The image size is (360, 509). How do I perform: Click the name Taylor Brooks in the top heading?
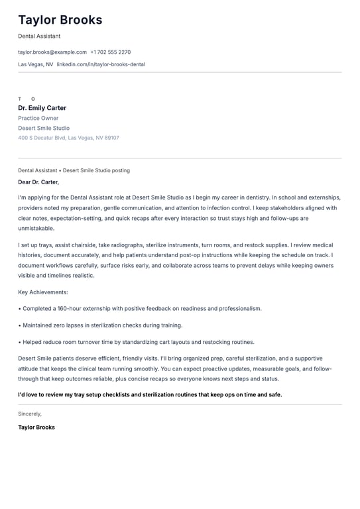click(x=60, y=20)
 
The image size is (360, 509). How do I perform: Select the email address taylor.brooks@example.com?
click(x=52, y=52)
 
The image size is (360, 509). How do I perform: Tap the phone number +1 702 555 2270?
click(x=111, y=52)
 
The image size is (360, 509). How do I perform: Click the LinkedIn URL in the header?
click(x=101, y=64)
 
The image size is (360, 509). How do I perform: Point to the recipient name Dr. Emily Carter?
click(x=42, y=108)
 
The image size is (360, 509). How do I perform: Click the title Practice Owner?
click(x=38, y=118)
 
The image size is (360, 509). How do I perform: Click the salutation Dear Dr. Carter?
click(x=38, y=182)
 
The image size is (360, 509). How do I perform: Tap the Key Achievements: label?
click(x=43, y=292)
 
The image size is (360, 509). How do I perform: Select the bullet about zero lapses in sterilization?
click(x=102, y=325)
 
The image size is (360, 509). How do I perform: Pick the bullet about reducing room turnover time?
click(x=138, y=342)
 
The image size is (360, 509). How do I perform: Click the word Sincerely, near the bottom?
click(x=30, y=414)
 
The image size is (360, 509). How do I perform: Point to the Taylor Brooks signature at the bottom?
click(x=36, y=427)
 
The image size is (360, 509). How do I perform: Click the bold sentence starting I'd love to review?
click(x=150, y=394)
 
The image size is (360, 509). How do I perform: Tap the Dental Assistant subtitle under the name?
click(x=39, y=36)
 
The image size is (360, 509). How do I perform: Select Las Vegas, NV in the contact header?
click(x=36, y=64)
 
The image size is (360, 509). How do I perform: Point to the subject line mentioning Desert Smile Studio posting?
click(x=74, y=170)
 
